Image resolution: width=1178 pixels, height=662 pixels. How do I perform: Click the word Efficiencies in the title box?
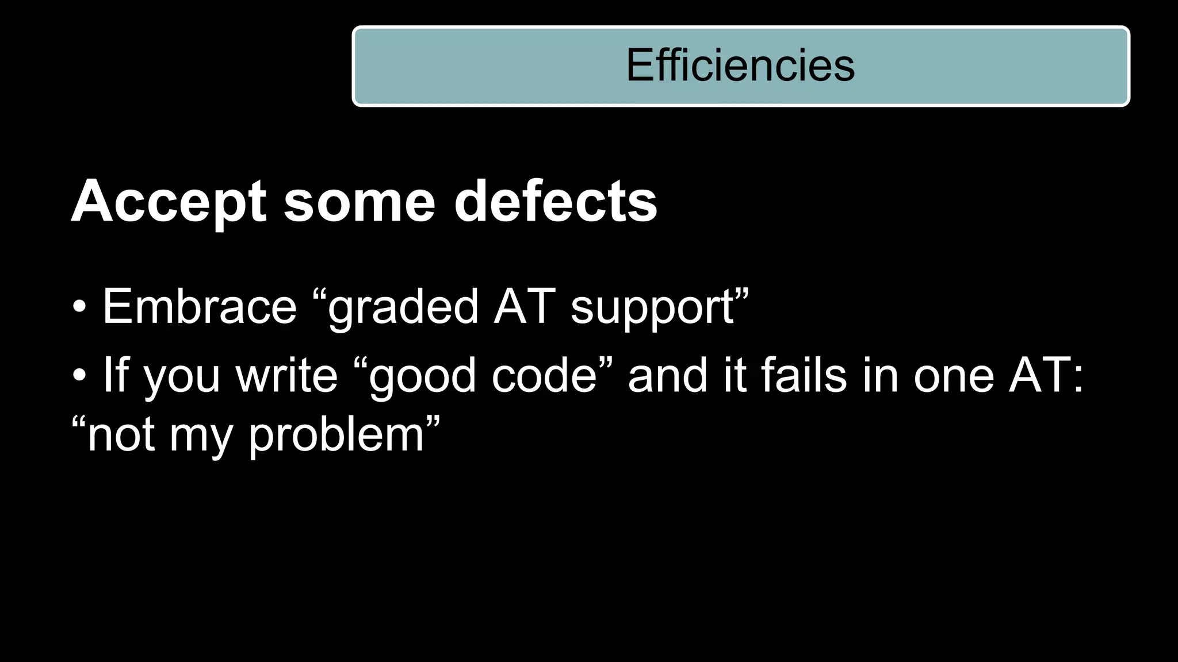(x=740, y=66)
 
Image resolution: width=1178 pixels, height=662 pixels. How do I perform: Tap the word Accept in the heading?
(x=169, y=202)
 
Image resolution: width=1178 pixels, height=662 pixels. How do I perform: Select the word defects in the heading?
(x=555, y=202)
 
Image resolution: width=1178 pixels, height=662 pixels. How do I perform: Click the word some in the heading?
(x=359, y=202)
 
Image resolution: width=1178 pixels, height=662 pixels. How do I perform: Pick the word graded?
(x=403, y=307)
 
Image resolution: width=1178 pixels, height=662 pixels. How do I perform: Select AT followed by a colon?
(x=1046, y=375)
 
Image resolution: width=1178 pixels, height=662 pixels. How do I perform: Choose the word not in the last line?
(x=121, y=435)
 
